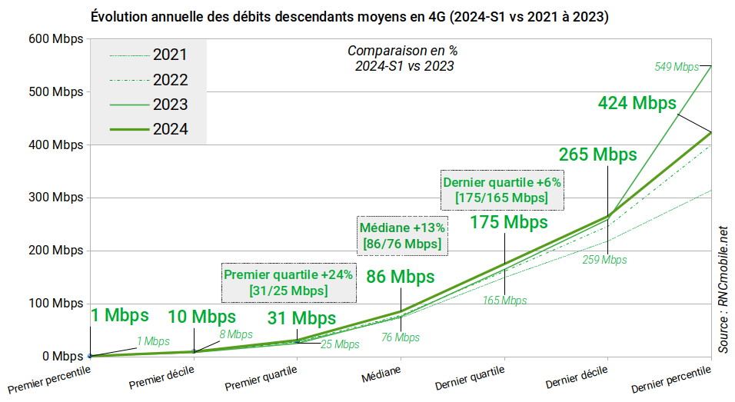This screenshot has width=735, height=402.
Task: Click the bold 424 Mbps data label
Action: pyautogui.click(x=637, y=103)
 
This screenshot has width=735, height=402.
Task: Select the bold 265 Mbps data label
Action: pyautogui.click(x=597, y=154)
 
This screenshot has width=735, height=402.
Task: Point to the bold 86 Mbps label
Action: pyautogui.click(x=401, y=277)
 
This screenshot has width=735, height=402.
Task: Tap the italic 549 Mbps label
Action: pyautogui.click(x=677, y=67)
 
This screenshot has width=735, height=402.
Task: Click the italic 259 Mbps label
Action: pyautogui.click(x=604, y=260)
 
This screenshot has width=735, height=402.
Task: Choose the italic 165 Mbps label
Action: pyautogui.click(x=504, y=300)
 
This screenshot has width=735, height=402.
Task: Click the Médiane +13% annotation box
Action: pyautogui.click(x=402, y=236)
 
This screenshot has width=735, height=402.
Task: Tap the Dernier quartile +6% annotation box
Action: pyautogui.click(x=502, y=190)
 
